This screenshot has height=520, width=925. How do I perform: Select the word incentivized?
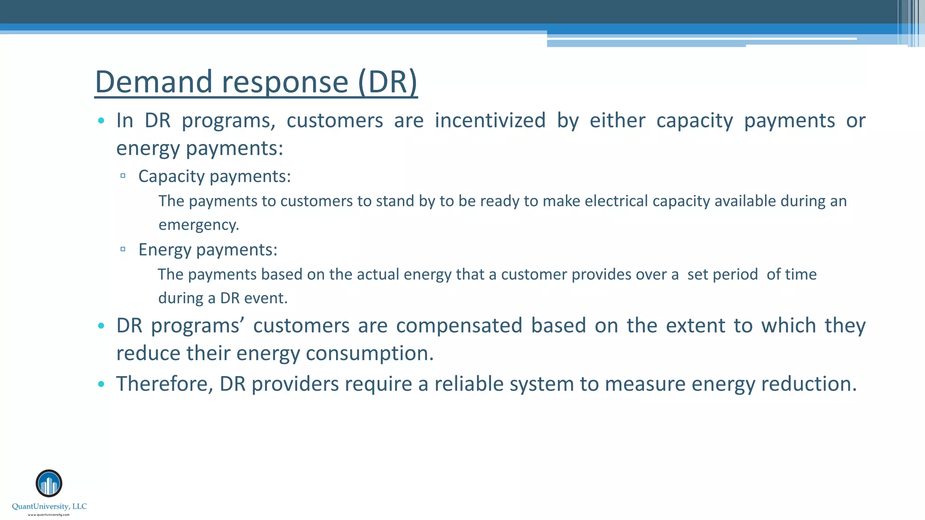point(490,121)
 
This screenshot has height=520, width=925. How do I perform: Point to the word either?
point(617,121)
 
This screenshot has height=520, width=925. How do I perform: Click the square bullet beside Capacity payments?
point(123,176)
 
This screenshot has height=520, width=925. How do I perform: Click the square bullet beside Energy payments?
point(123,249)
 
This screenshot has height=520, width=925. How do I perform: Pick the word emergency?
point(198,225)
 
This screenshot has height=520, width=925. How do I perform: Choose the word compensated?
point(459,325)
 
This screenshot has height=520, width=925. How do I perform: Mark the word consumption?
point(369,353)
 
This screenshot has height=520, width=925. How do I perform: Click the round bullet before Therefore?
point(101,384)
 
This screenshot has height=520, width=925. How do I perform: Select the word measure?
point(645,384)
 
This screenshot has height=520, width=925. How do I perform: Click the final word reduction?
point(808,384)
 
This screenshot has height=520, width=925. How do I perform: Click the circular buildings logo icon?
point(49,483)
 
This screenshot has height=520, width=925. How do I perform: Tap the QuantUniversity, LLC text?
point(49,506)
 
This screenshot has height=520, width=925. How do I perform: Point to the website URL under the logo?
point(49,515)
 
